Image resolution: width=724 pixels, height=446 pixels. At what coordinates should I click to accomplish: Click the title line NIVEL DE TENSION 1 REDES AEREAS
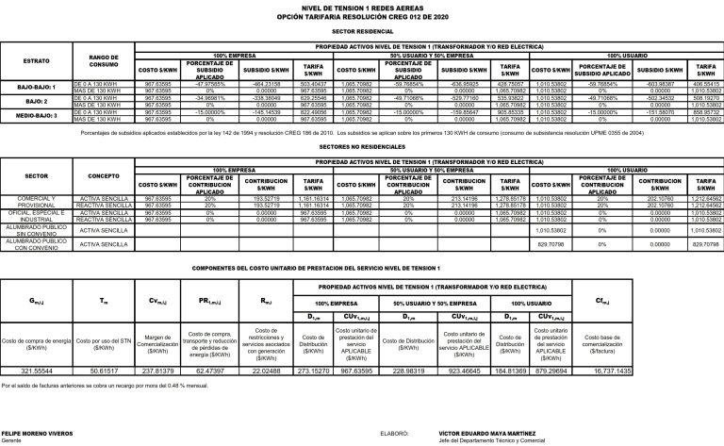[362, 6]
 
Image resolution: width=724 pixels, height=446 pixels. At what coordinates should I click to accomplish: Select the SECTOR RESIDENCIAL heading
[362, 30]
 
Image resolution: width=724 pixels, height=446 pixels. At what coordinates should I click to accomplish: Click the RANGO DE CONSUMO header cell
[101, 62]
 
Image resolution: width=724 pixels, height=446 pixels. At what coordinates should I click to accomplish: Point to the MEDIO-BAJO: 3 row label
[39, 113]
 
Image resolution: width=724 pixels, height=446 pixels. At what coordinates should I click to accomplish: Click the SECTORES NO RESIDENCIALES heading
[362, 149]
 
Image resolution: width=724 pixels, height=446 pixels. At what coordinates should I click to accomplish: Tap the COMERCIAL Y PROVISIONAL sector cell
[39, 201]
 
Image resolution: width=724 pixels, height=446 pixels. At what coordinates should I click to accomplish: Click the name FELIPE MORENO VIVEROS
[35, 436]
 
